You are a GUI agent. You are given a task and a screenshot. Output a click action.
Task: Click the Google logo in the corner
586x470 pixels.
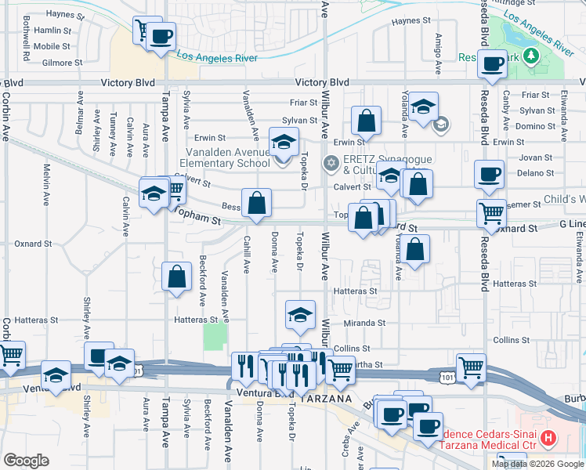click(26, 461)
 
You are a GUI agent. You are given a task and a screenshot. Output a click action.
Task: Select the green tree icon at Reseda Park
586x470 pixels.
click(530, 55)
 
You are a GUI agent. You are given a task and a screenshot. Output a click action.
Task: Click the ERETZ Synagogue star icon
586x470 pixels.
click(331, 163)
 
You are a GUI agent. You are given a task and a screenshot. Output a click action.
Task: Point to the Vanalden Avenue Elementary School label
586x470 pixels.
click(226, 157)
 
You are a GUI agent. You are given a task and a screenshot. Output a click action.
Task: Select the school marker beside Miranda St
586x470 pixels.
click(300, 315)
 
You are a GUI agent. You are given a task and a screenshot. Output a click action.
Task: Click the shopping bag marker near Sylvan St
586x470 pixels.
click(366, 121)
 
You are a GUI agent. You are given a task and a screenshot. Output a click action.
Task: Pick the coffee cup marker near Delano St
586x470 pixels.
click(489, 175)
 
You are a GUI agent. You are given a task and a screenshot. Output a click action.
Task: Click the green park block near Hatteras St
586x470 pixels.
click(212, 338)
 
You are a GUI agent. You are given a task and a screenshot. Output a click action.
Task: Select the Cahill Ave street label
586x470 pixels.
click(247, 255)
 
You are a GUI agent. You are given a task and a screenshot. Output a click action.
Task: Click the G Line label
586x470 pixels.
click(571, 225)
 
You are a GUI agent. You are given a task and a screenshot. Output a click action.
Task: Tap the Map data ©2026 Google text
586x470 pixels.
click(537, 464)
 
